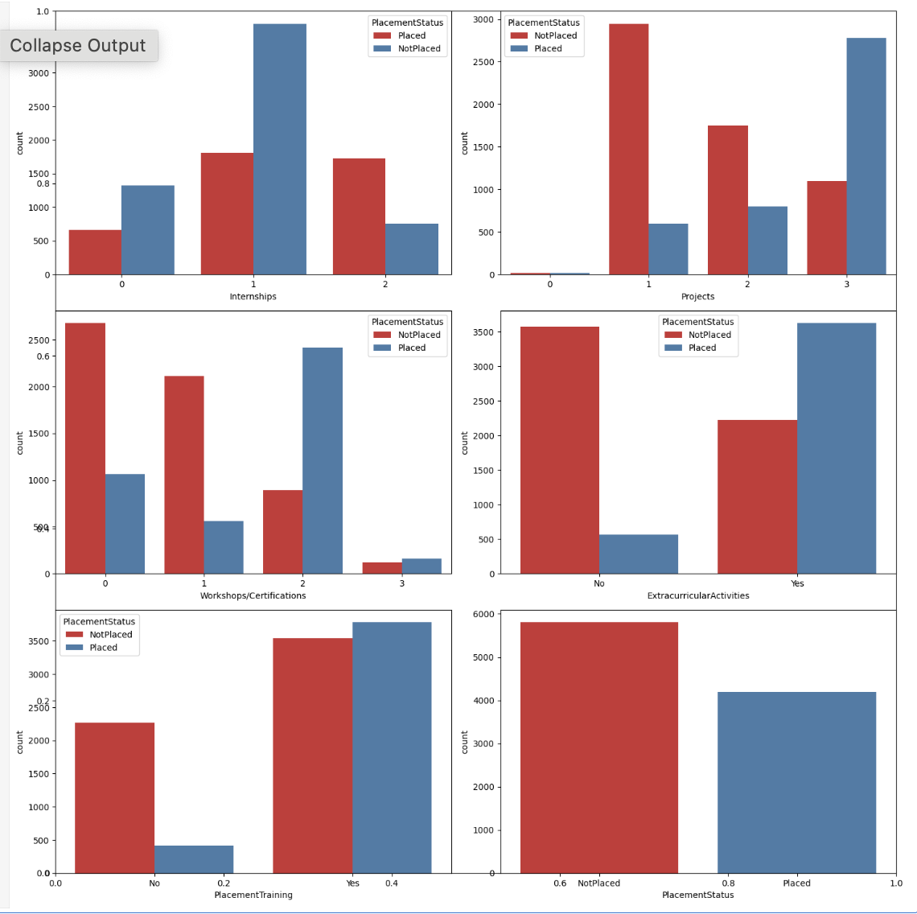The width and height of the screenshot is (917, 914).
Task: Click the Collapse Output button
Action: pyautogui.click(x=78, y=46)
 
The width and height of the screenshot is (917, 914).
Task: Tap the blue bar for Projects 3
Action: pyautogui.click(x=866, y=156)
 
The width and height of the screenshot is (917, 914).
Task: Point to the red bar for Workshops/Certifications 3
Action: pyautogui.click(x=382, y=568)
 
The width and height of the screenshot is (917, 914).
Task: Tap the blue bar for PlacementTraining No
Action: pyautogui.click(x=194, y=859)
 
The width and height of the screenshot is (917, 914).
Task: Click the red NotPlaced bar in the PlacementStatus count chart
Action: pyautogui.click(x=599, y=747)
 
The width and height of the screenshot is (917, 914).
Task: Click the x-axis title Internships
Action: pyautogui.click(x=253, y=297)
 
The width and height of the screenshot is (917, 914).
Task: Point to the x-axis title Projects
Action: pyautogui.click(x=697, y=297)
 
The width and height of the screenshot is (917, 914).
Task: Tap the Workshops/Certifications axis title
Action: pyautogui.click(x=253, y=596)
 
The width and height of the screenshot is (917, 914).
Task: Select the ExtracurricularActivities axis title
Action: pyautogui.click(x=697, y=596)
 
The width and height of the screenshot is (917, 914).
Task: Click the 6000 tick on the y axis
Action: pyautogui.click(x=484, y=614)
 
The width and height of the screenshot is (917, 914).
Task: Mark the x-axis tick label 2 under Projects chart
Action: pyautogui.click(x=747, y=284)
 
